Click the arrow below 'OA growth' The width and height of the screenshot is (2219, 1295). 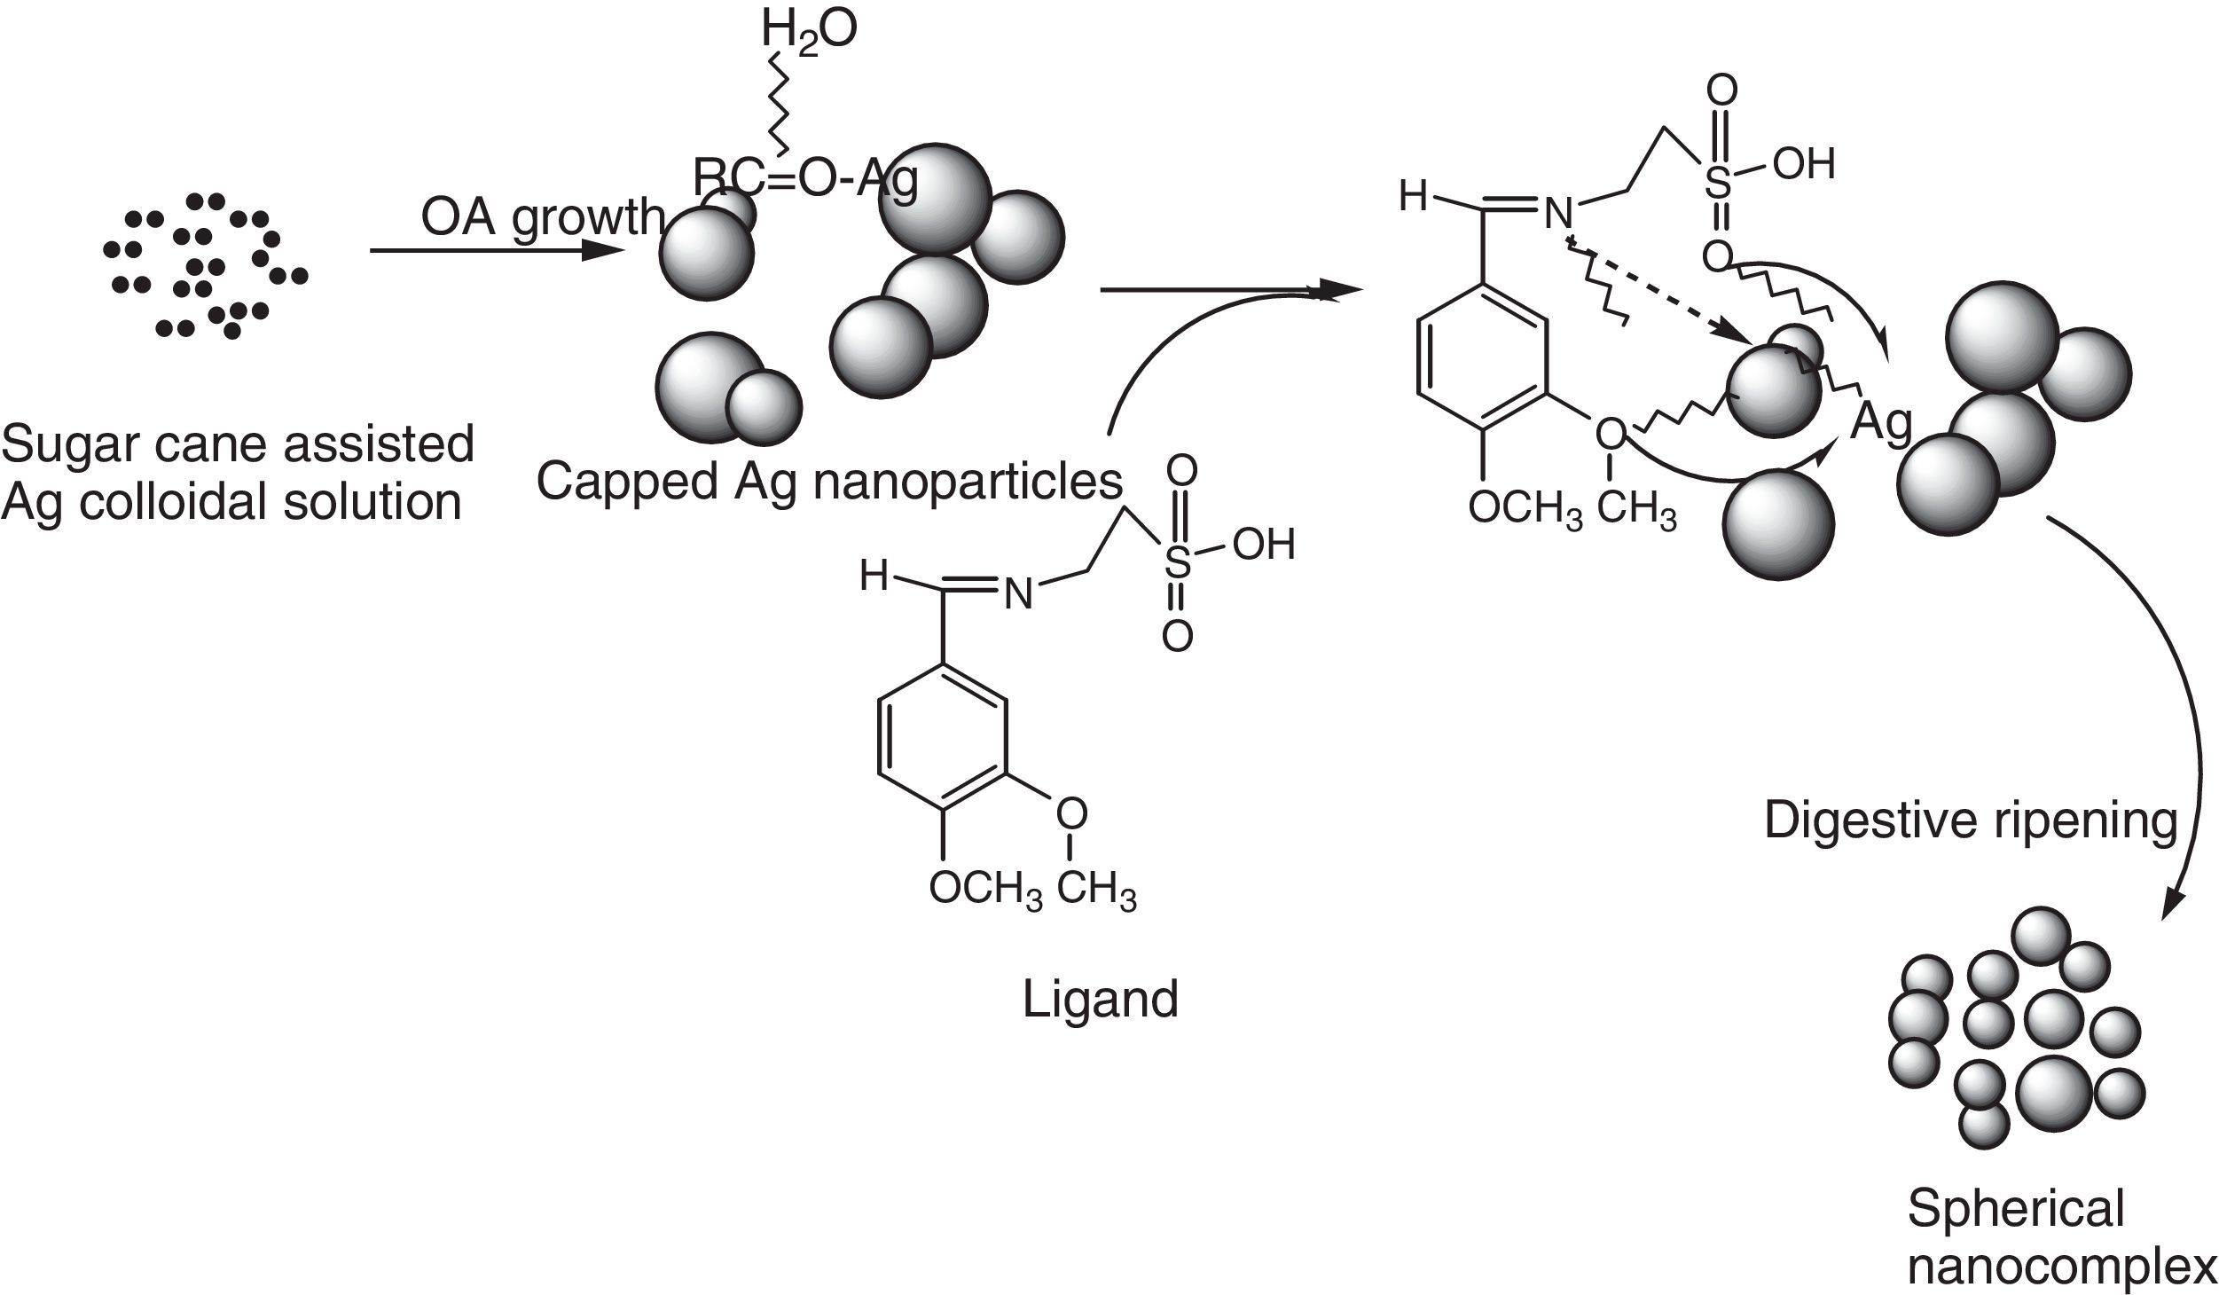click(x=497, y=251)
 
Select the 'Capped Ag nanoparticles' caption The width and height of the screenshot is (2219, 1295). click(x=829, y=482)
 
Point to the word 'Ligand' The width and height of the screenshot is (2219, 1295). click(x=1100, y=999)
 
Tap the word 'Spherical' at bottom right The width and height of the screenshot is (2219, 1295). click(x=2015, y=1208)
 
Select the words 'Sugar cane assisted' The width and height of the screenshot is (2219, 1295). click(x=238, y=443)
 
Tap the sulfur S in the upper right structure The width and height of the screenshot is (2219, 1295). click(x=1718, y=184)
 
